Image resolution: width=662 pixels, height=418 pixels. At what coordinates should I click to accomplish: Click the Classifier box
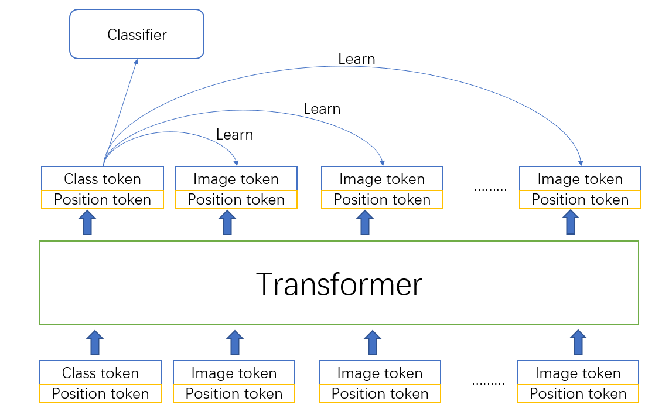137,35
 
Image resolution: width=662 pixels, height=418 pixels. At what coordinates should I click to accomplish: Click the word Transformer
339,284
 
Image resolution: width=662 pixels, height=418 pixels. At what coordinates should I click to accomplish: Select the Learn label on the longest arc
356,59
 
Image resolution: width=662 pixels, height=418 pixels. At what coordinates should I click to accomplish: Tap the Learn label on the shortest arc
234,135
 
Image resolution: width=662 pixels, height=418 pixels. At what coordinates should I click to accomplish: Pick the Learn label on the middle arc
322,109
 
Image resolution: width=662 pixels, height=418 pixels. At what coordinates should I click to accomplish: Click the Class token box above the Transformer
103,179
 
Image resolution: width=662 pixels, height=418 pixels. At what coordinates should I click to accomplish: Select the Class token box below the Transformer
100,373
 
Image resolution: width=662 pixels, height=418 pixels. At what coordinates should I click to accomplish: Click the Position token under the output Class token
103,199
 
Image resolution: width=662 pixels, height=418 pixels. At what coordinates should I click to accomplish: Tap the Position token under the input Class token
100,393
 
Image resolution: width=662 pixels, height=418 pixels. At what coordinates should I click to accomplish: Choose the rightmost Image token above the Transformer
580,179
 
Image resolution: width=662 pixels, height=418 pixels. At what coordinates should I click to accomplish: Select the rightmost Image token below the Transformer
578,373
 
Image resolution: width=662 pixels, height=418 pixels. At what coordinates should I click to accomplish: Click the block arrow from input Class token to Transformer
94,342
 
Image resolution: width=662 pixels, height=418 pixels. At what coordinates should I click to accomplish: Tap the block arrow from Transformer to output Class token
87,222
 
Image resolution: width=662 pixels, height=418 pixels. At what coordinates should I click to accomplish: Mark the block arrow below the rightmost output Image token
570,222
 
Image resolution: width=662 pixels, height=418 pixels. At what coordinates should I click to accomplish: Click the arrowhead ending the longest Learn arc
581,161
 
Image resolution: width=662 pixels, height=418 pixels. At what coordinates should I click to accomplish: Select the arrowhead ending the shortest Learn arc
236,161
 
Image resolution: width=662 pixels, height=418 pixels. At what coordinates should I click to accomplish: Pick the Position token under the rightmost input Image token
578,393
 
